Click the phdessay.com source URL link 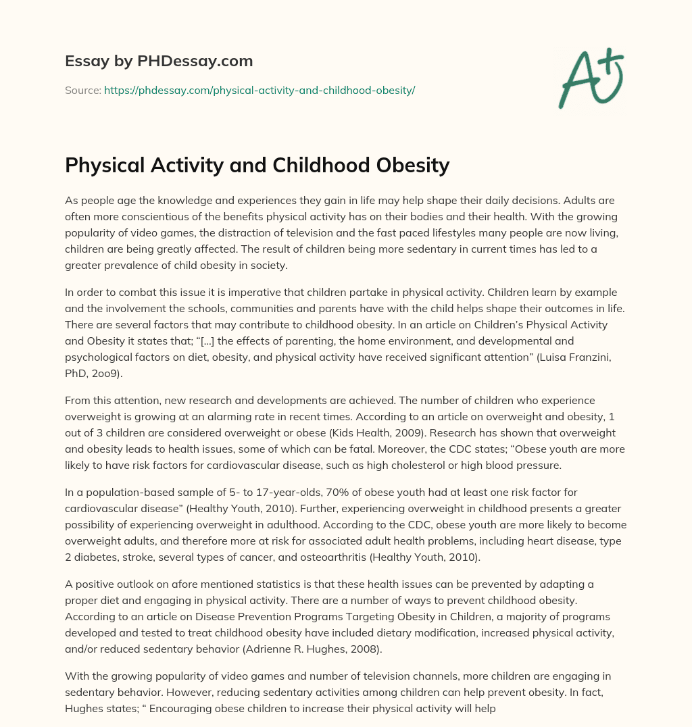259,90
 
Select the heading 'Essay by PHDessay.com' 159,61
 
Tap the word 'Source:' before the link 82,90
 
